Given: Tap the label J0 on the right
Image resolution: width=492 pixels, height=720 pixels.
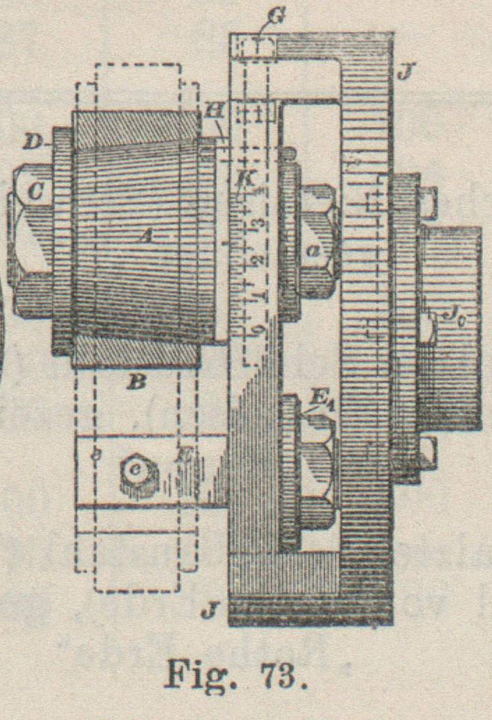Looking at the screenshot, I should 439,322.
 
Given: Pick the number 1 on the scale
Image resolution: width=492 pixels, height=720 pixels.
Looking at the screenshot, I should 258,296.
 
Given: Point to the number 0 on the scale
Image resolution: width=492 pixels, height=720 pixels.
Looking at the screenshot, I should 259,329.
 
